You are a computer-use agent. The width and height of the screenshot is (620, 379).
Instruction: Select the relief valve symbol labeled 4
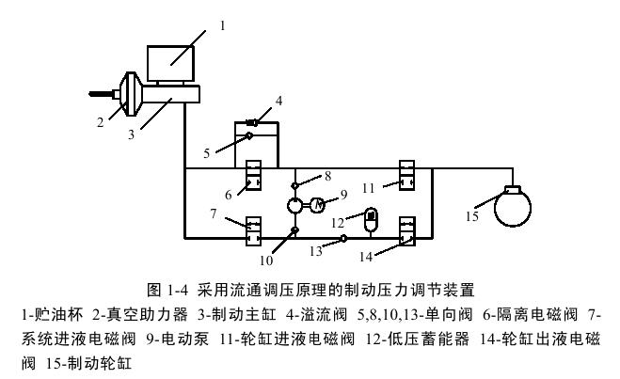[254, 121]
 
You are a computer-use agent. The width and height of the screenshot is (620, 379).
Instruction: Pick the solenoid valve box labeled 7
[253, 229]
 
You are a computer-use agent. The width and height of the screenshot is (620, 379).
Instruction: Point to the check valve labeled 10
[295, 230]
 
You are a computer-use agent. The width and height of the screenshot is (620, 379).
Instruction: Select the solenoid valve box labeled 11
[406, 174]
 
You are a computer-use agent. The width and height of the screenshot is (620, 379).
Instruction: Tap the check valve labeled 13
[343, 238]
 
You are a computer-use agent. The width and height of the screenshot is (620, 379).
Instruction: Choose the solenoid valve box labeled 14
[406, 230]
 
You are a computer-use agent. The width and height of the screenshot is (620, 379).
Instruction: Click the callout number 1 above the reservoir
[222, 26]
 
